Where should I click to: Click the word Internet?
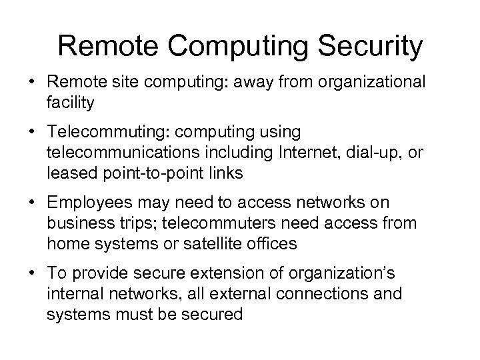pyautogui.click(x=307, y=154)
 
